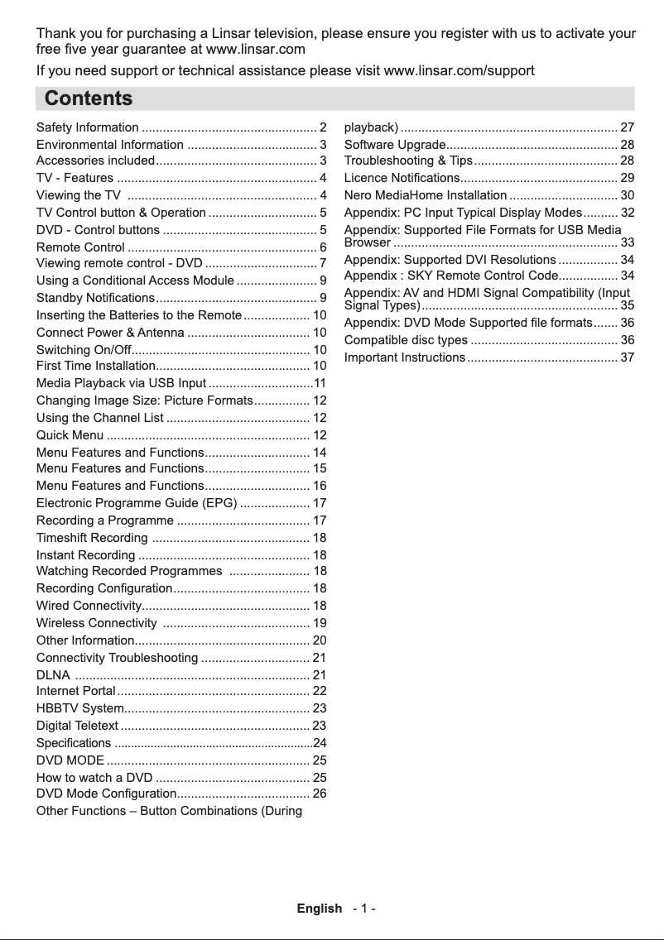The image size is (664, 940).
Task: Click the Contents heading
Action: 89,99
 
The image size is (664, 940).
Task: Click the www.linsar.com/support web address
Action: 460,70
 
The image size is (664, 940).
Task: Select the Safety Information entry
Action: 88,127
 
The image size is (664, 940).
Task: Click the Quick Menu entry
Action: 70,435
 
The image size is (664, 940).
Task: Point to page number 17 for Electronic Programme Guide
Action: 320,503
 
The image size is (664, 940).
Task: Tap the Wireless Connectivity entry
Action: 97,622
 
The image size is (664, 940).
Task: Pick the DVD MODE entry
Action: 70,760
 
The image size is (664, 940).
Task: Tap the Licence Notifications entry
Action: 402,178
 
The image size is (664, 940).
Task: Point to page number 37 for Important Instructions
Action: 627,357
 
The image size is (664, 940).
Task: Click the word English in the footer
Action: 320,909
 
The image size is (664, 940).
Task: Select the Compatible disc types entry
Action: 406,340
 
